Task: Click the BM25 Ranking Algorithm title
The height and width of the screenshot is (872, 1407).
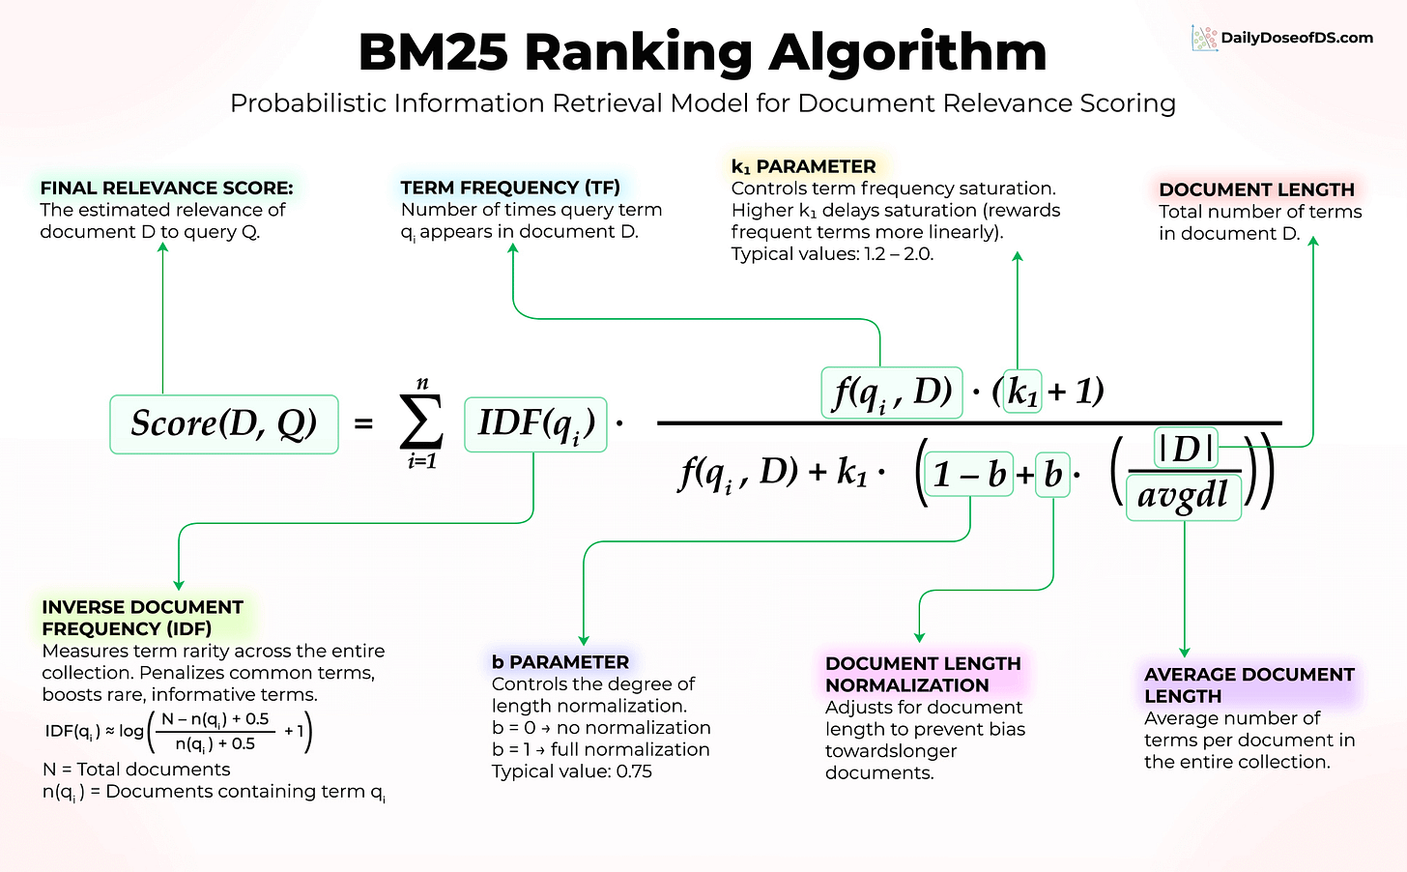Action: (x=703, y=52)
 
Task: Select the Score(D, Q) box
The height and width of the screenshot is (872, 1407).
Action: (x=224, y=424)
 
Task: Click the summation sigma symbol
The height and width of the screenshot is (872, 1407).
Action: (x=421, y=423)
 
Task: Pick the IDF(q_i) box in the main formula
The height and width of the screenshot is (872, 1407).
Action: (x=535, y=424)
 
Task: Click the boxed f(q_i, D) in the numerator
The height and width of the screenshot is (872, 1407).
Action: (x=891, y=392)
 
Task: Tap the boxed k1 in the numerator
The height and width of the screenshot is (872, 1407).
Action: (x=1022, y=392)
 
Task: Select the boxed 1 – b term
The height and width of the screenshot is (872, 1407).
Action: (x=969, y=475)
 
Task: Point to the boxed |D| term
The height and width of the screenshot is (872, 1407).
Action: (x=1186, y=449)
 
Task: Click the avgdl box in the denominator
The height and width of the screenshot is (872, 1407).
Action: (x=1183, y=497)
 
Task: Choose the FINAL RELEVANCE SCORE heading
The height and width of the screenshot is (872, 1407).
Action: (x=166, y=188)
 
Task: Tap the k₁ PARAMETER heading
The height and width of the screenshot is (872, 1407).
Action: (x=804, y=166)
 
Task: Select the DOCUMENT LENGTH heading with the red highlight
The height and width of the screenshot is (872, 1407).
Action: (x=1256, y=189)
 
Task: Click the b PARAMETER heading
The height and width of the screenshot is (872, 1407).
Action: (x=560, y=662)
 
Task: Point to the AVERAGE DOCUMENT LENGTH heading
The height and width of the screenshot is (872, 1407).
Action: (x=1249, y=684)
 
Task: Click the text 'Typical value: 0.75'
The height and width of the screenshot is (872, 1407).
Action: (x=572, y=771)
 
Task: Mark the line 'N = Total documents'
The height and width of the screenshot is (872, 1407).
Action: (x=136, y=770)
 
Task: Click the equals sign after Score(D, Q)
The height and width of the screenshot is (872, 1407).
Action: (x=363, y=423)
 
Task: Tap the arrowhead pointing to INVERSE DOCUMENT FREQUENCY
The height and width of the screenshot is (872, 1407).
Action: (x=179, y=584)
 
